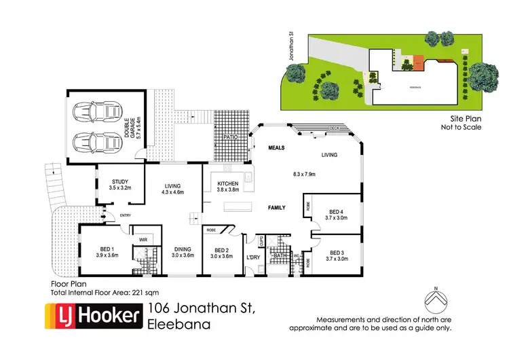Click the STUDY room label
coord(120,181)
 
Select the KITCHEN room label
coord(228,184)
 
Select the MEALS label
coord(275,147)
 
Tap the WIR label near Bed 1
coord(144,240)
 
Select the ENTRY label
coord(124,216)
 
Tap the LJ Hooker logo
coord(92,317)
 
